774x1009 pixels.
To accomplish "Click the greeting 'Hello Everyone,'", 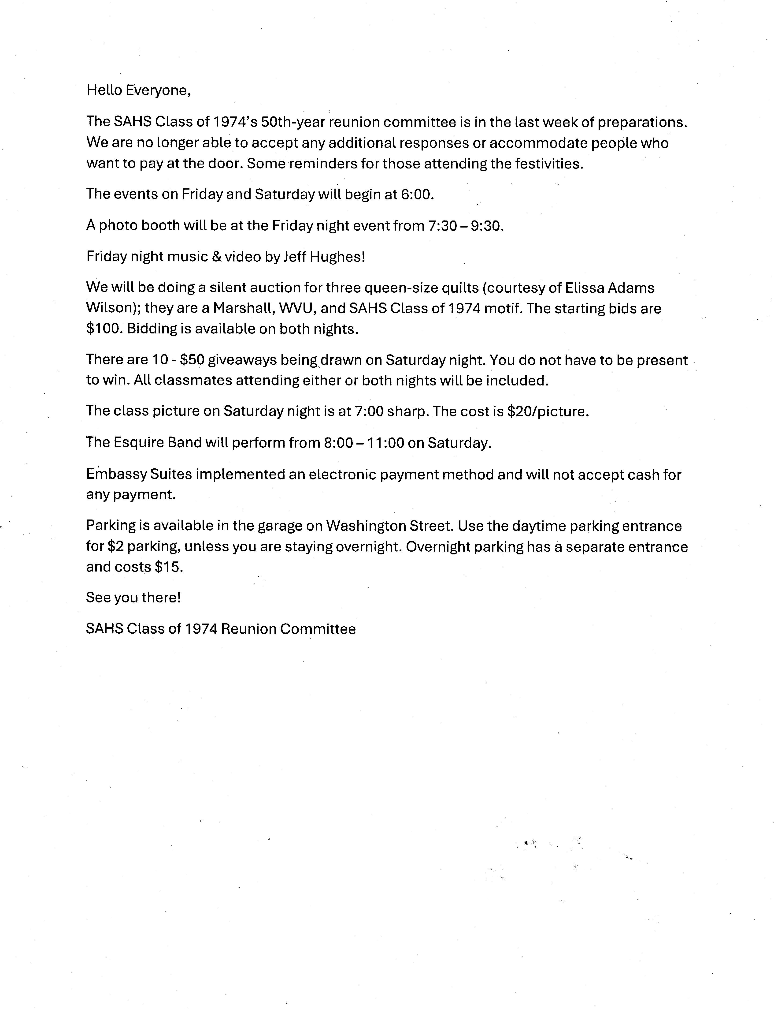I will tap(138, 90).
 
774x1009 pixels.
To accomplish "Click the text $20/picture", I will tap(547, 411).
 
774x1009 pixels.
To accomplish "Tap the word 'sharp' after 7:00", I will tap(408, 411).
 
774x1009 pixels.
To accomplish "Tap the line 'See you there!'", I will tap(133, 598).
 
